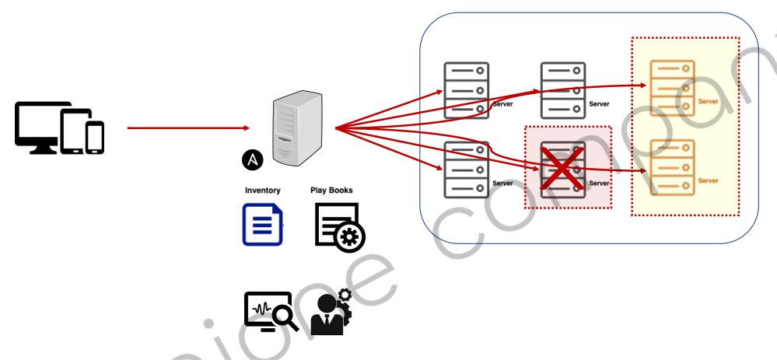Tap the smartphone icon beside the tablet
[95, 137]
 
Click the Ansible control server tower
[297, 128]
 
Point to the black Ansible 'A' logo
[253, 159]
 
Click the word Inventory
[262, 190]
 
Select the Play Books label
[331, 190]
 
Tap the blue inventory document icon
[262, 225]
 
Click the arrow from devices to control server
[187, 128]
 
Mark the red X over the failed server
[563, 166]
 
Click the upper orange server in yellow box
[672, 87]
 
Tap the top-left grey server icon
[466, 90]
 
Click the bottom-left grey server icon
[466, 170]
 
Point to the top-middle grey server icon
[563, 90]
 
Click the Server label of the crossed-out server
[600, 183]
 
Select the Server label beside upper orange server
[708, 102]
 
